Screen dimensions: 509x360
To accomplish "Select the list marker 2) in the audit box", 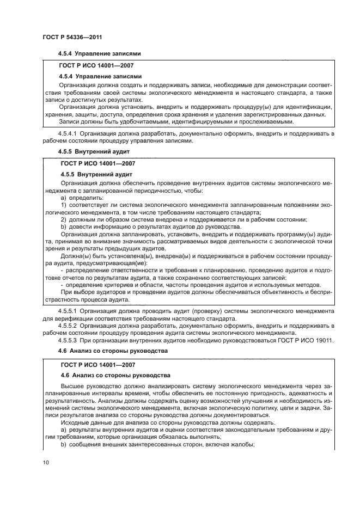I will [64, 219].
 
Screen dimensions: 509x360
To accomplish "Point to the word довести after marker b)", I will [81, 226].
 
